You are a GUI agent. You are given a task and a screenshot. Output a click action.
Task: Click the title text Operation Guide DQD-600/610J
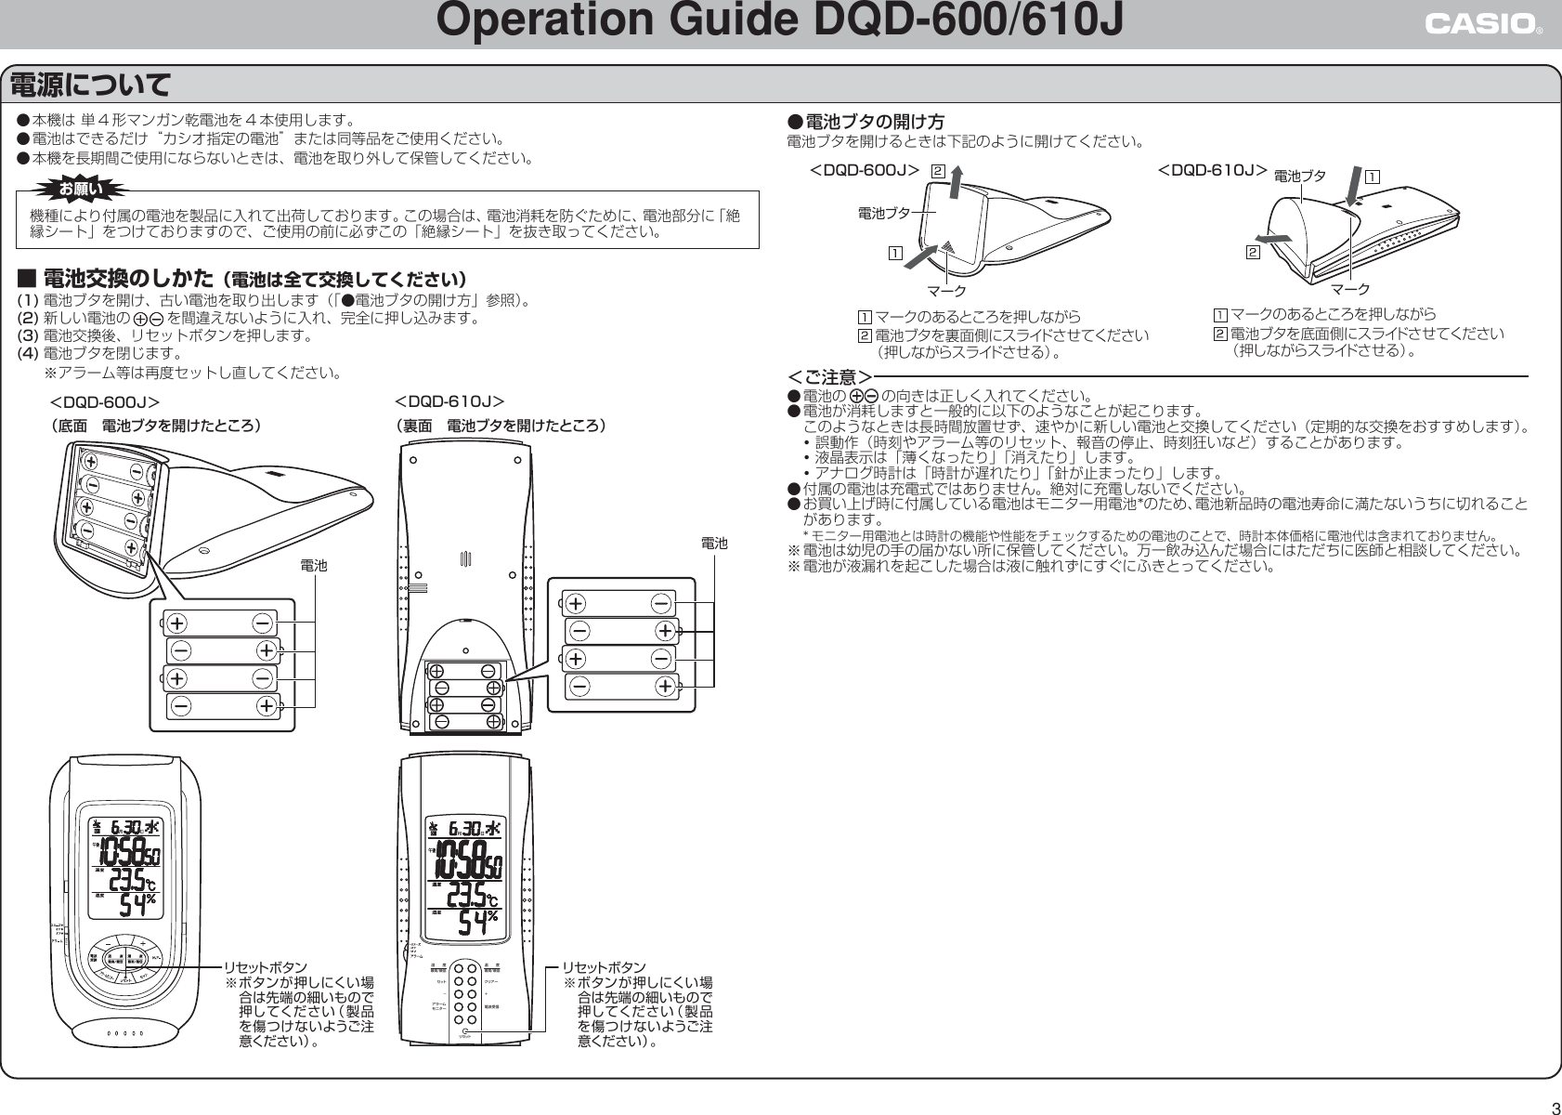click(780, 24)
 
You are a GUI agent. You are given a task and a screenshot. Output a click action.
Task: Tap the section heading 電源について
click(90, 86)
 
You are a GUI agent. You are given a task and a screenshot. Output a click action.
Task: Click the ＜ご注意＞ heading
click(829, 377)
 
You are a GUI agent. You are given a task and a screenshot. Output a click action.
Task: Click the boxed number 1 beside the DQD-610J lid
click(1372, 174)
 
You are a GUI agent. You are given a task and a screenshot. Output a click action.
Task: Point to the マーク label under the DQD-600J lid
click(947, 290)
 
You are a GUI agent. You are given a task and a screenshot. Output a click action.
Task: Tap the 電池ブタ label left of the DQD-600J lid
click(883, 213)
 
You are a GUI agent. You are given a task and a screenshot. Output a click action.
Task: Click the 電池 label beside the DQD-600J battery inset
click(314, 564)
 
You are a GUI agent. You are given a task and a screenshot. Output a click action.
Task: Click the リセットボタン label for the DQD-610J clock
click(609, 967)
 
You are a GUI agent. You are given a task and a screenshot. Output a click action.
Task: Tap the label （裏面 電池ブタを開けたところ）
click(501, 426)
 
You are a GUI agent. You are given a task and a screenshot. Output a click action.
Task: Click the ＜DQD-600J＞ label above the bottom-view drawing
click(104, 401)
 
